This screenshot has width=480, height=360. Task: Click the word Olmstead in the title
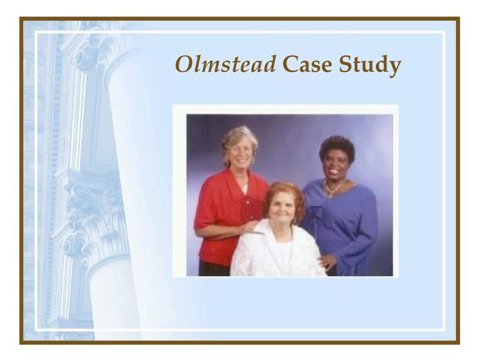pyautogui.click(x=225, y=65)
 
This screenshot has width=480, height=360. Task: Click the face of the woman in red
pyautogui.click(x=240, y=154)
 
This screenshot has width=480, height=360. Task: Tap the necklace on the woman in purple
pyautogui.click(x=333, y=189)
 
